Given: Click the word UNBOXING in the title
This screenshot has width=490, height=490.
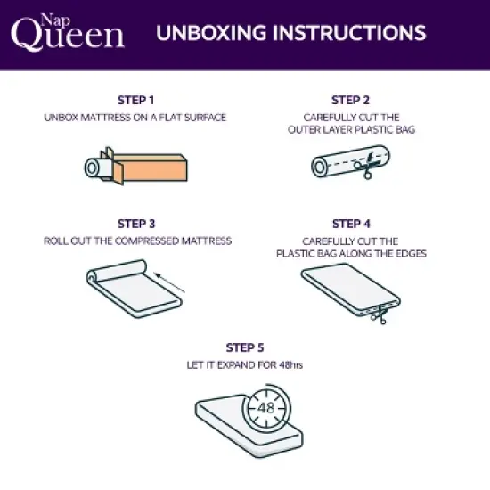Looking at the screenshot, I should (209, 33).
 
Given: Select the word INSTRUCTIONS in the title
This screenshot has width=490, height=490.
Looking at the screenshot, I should (351, 33).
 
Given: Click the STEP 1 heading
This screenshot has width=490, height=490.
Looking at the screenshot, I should (135, 100).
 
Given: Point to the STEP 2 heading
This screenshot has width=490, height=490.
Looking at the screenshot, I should (350, 100).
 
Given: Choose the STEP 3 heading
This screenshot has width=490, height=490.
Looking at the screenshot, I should (135, 224).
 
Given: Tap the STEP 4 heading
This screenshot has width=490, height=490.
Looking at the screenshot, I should (350, 224).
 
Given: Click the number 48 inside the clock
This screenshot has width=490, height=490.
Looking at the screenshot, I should (265, 409).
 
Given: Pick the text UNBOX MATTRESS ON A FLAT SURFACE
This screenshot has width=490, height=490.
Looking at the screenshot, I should (136, 118).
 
